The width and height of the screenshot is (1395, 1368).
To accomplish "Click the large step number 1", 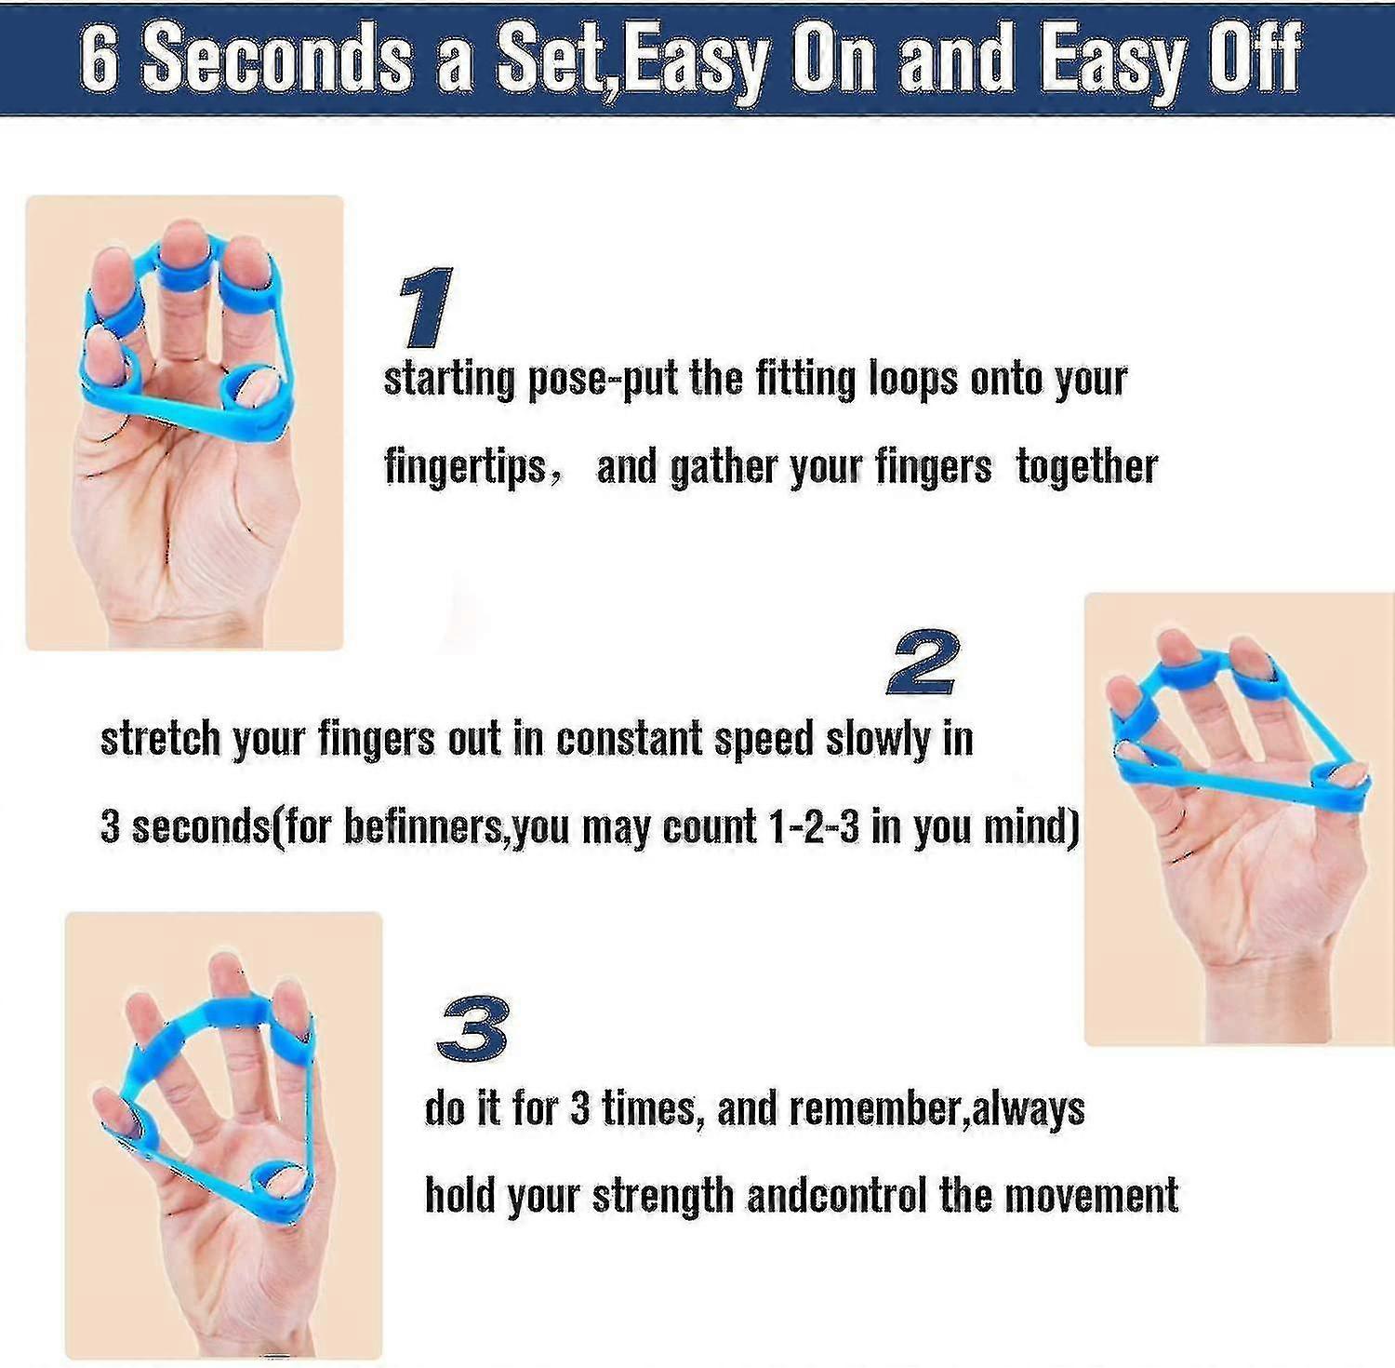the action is tap(427, 307).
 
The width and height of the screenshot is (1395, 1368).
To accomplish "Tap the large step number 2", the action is tap(923, 662).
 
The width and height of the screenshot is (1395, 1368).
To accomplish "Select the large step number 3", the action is tap(473, 1027).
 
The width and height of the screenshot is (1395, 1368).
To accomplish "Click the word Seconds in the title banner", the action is tap(277, 59).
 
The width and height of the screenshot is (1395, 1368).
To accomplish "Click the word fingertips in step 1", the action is tap(465, 465).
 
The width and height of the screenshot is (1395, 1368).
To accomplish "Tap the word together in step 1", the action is tap(1087, 465).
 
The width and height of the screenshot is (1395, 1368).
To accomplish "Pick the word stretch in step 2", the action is tap(160, 739).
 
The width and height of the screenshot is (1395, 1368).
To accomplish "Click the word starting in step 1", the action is tap(449, 380).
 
